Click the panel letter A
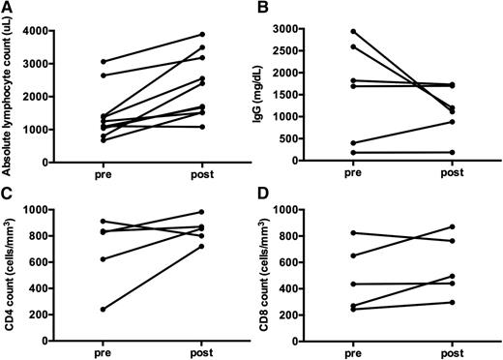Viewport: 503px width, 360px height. point(8,8)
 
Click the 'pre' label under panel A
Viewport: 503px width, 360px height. point(103,177)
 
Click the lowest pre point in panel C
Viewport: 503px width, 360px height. point(103,309)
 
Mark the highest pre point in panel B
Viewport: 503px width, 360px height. point(354,32)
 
